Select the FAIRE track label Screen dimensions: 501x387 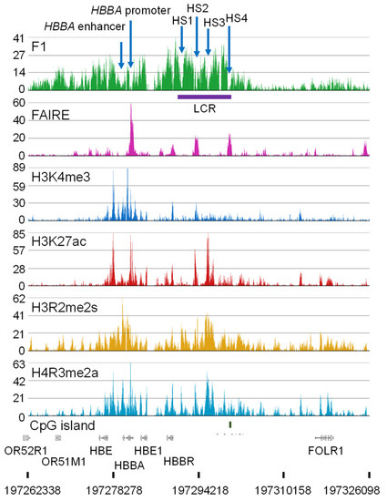52,116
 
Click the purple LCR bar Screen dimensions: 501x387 205,96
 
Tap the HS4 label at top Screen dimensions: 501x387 235,18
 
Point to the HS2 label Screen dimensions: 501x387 197,8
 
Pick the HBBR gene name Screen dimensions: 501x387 178,463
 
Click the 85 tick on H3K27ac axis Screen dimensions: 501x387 17,235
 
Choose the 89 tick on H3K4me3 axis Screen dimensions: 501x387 17,169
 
